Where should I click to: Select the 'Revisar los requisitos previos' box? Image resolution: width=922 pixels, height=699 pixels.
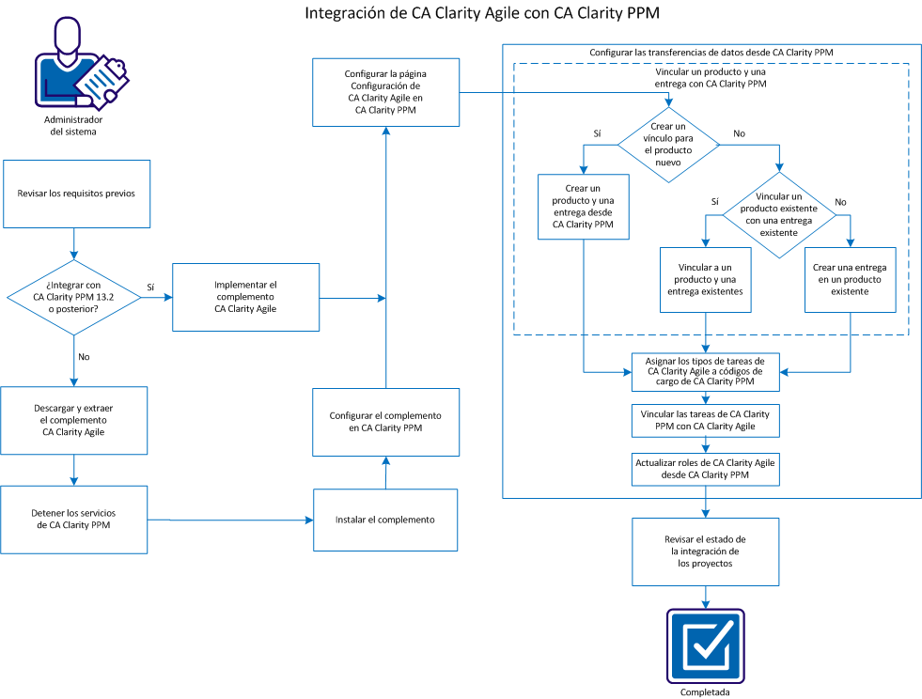(76, 194)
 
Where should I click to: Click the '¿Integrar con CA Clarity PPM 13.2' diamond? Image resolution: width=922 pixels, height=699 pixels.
(73, 298)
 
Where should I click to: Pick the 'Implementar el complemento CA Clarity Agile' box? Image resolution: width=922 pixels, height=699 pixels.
(246, 297)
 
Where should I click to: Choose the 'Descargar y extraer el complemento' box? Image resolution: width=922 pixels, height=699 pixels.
(74, 420)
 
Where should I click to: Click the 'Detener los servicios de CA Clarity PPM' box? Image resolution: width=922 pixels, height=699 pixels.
(74, 519)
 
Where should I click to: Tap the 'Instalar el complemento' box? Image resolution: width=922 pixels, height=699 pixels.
(384, 519)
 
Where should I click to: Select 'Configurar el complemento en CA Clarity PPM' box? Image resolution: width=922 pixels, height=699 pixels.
(384, 421)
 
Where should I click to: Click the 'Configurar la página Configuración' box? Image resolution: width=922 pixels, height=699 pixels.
(384, 91)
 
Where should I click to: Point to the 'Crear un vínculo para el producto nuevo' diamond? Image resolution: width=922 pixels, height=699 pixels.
(668, 144)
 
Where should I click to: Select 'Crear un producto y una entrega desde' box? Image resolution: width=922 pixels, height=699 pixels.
(584, 206)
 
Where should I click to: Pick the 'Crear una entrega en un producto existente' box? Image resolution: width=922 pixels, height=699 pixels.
(850, 279)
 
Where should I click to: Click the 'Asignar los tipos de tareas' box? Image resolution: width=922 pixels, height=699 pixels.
(706, 372)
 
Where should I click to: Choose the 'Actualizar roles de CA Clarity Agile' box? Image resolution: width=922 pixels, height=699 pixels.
(706, 469)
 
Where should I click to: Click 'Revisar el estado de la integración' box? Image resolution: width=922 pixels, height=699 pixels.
(705, 551)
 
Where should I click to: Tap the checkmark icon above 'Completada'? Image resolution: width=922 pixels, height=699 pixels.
(705, 645)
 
